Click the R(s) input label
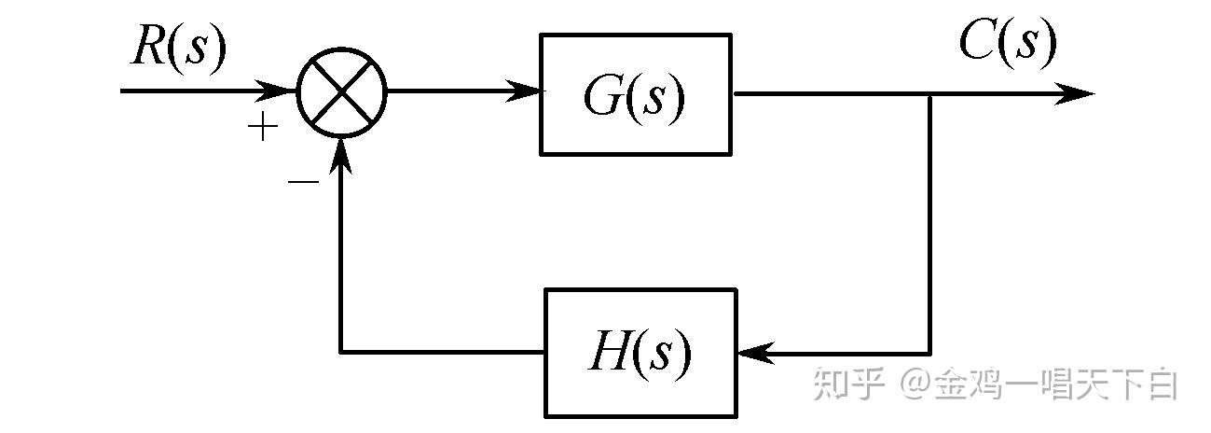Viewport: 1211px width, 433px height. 178,49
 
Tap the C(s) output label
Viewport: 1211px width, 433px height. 1008,42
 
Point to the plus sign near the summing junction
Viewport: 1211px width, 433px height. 263,127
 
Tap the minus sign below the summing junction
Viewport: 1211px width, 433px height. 303,182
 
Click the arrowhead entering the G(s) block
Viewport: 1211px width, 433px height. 523,91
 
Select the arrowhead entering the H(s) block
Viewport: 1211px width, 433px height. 756,354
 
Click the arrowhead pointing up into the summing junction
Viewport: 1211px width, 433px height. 341,155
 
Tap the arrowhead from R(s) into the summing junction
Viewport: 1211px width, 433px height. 277,91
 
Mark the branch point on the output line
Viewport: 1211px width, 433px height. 929,94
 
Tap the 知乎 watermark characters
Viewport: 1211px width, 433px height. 848,384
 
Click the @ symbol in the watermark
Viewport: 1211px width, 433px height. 915,384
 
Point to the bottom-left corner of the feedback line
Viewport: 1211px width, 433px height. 341,353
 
